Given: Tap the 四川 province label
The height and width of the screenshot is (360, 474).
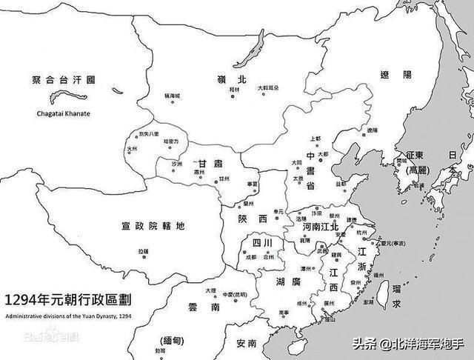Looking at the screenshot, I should (261, 243).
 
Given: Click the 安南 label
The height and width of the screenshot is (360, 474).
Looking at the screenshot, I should (247, 344).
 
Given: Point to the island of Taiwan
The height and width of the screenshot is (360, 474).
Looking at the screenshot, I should (384, 295).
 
